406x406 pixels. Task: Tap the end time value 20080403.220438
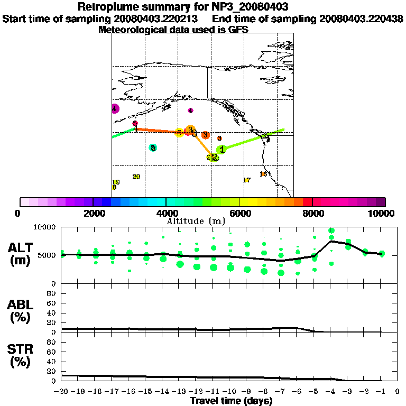pos(361,19)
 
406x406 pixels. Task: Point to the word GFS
pos(238,30)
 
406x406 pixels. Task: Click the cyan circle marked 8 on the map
pos(153,148)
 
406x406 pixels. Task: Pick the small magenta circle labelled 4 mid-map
pos(190,110)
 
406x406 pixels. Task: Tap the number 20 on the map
pos(136,177)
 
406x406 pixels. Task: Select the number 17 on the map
pos(246,180)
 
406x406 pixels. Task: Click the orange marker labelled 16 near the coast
pos(263,174)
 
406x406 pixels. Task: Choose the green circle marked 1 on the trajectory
pos(222,150)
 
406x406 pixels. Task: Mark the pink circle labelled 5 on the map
pos(135,123)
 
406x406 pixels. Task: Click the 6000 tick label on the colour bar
pos(239,214)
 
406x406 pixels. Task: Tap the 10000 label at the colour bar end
pos(382,214)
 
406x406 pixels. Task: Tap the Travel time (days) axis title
pos(231,401)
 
